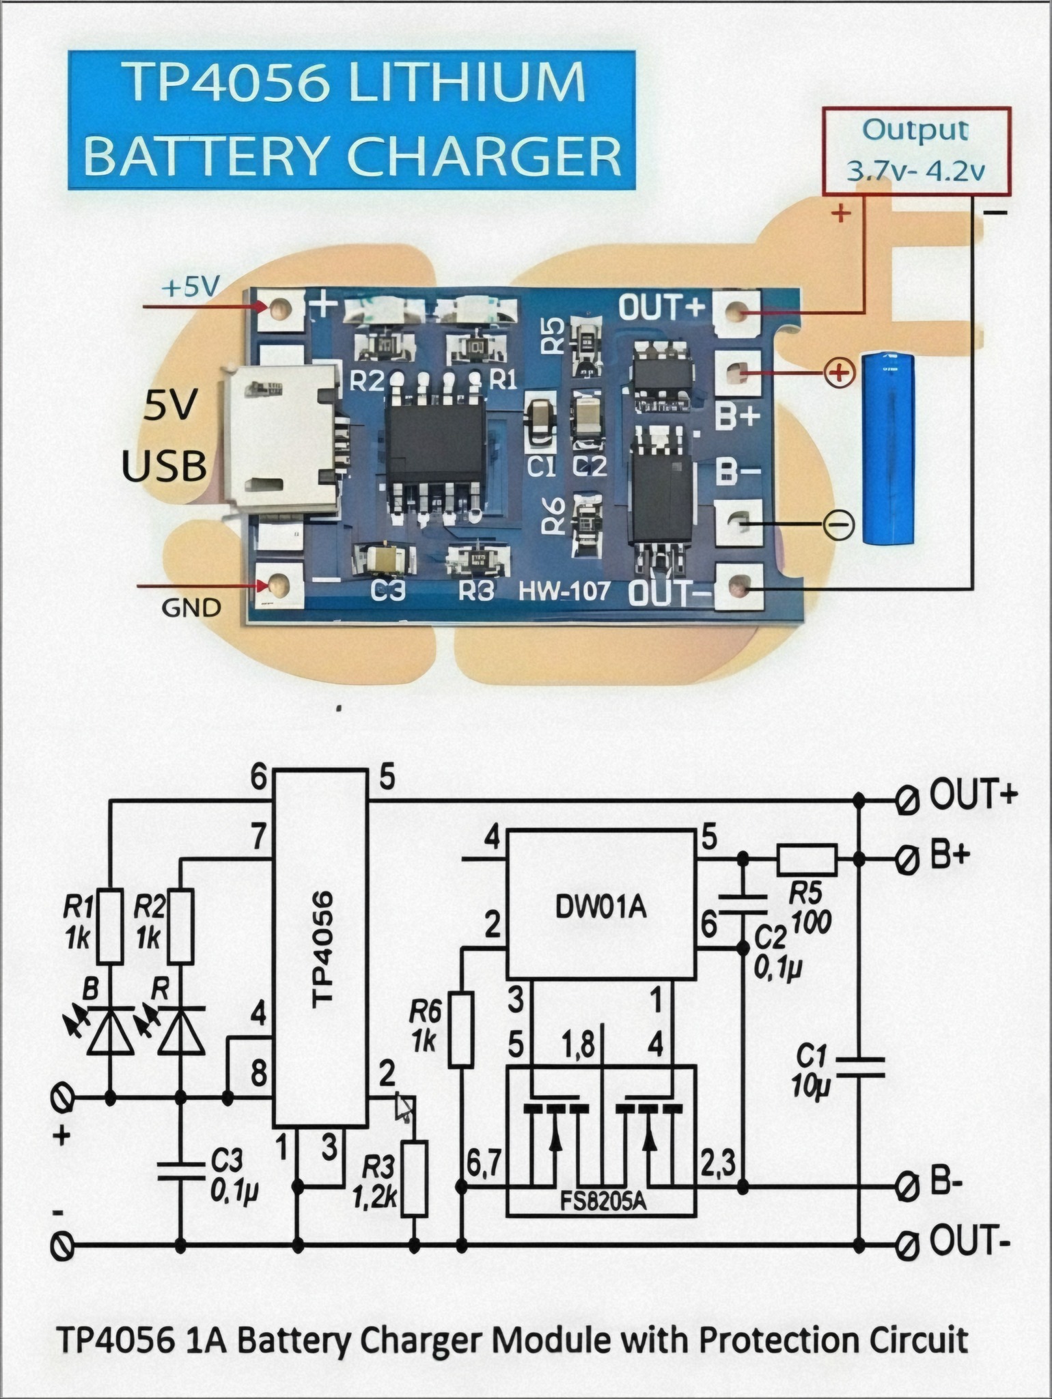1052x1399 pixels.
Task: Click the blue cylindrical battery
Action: coord(889,448)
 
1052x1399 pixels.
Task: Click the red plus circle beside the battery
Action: coord(840,373)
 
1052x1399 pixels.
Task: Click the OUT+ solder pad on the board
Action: coord(736,313)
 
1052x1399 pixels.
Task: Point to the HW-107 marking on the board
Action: coord(564,590)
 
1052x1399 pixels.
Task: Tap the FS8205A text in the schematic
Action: coord(601,1202)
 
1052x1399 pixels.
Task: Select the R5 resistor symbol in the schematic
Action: coord(807,859)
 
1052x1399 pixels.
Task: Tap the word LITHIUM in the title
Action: coord(468,83)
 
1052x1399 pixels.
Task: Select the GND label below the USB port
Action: coord(191,607)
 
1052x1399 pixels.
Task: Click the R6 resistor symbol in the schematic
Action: coord(461,1029)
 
